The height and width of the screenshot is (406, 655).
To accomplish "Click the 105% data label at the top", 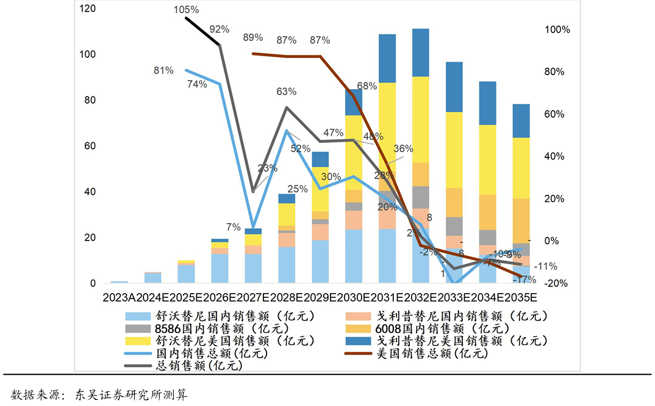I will [186, 10].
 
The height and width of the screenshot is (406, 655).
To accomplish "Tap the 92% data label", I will [219, 29].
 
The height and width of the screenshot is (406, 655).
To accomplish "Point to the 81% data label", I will [163, 71].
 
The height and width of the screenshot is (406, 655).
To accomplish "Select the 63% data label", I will [286, 92].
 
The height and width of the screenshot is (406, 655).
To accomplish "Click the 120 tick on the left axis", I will [88, 9].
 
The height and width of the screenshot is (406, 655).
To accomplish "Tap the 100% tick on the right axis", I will [557, 30].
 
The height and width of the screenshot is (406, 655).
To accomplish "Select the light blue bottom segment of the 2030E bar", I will [354, 256].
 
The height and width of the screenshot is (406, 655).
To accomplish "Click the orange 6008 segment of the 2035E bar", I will [521, 220].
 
